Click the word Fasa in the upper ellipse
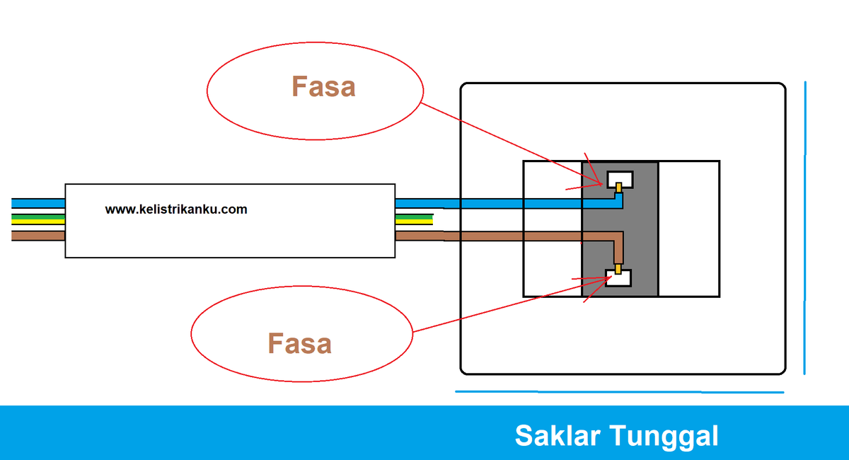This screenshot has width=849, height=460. click(x=323, y=86)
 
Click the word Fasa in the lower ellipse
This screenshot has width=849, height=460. click(x=299, y=343)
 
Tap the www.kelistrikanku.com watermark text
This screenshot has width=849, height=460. click(x=176, y=209)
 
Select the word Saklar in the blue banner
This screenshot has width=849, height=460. click(x=558, y=436)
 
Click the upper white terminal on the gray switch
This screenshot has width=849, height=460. click(x=620, y=179)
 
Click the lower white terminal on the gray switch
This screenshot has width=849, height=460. click(x=618, y=278)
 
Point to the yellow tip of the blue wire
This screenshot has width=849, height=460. click(x=618, y=188)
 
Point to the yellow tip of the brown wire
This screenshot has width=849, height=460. click(x=618, y=269)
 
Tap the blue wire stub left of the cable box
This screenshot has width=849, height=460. click(x=38, y=203)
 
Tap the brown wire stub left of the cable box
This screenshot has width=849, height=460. click(x=38, y=236)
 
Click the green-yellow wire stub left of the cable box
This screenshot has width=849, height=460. click(x=38, y=219)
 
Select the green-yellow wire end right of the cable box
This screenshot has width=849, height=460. click(x=415, y=219)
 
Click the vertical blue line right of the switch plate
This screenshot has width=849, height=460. click(x=805, y=228)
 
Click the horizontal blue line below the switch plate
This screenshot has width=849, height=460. click(x=619, y=392)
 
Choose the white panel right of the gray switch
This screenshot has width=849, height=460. click(x=689, y=229)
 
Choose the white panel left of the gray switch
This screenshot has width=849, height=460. click(x=553, y=229)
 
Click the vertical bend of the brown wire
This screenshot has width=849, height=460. click(x=618, y=248)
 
